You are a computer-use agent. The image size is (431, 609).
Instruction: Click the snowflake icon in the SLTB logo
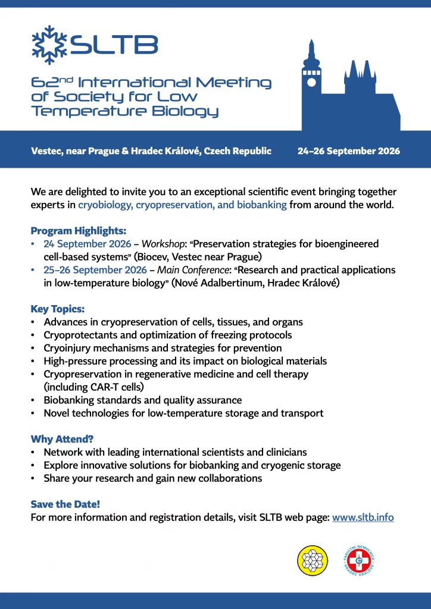pyautogui.click(x=49, y=45)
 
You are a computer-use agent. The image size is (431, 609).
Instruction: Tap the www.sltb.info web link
pyautogui.click(x=363, y=517)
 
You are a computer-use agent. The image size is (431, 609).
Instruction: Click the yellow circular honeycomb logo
pyautogui.click(x=313, y=560)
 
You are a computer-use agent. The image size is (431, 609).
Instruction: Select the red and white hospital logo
pyautogui.click(x=358, y=560)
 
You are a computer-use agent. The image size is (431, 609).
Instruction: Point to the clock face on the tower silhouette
pyautogui.click(x=310, y=77)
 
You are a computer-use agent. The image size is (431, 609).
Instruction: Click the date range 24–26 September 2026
pyautogui.click(x=348, y=151)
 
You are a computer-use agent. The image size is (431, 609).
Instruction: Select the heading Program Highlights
pyautogui.click(x=78, y=231)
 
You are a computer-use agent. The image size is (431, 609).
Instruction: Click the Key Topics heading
pyautogui.click(x=58, y=309)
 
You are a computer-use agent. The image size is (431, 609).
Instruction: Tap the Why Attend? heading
pyautogui.click(x=62, y=440)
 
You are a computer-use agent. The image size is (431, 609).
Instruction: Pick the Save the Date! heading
pyautogui.click(x=66, y=504)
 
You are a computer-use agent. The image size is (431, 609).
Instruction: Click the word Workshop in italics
pyautogui.click(x=163, y=244)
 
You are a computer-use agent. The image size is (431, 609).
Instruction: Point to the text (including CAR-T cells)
pyautogui.click(x=93, y=387)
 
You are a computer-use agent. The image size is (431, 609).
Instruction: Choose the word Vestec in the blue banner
pyautogui.click(x=47, y=151)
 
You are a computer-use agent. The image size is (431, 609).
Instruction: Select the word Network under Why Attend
pyautogui.click(x=64, y=453)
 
